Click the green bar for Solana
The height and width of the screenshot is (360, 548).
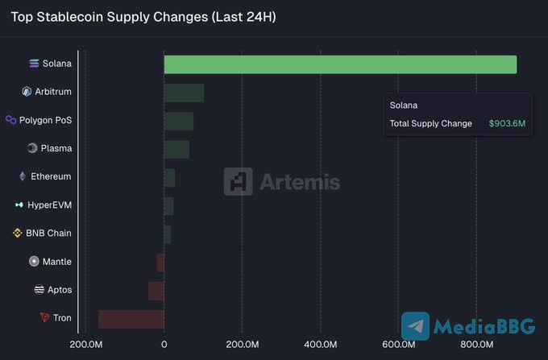[340, 64]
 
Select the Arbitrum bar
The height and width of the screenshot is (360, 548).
[184, 93]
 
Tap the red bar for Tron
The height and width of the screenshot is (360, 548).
[131, 319]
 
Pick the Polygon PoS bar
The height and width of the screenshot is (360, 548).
[178, 121]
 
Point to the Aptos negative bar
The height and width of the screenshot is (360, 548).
[156, 290]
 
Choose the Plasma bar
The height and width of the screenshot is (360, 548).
[176, 149]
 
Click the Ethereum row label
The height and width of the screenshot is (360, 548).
[51, 176]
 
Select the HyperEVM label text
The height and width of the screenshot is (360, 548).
[49, 205]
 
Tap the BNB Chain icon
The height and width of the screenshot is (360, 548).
[18, 233]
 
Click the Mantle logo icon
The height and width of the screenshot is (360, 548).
[34, 261]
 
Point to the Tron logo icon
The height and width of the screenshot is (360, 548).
[44, 317]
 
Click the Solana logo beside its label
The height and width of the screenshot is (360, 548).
[34, 63]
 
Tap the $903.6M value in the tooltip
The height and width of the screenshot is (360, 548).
[507, 123]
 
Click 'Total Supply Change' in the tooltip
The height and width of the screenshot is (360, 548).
[430, 123]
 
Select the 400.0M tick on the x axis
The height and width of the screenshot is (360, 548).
[320, 345]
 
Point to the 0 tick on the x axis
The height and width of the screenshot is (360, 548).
[164, 345]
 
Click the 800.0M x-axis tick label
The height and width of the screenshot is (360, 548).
[476, 345]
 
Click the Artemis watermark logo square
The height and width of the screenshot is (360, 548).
[238, 182]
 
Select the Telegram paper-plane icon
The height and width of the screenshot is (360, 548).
[416, 326]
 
